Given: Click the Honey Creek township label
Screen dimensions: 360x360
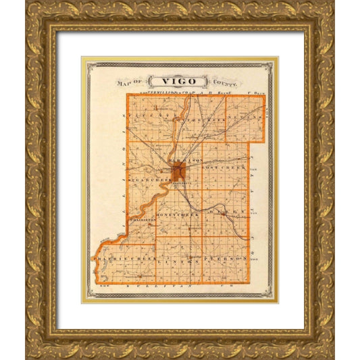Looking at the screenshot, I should (177, 215).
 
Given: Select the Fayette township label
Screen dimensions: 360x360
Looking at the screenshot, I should (151, 116).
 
